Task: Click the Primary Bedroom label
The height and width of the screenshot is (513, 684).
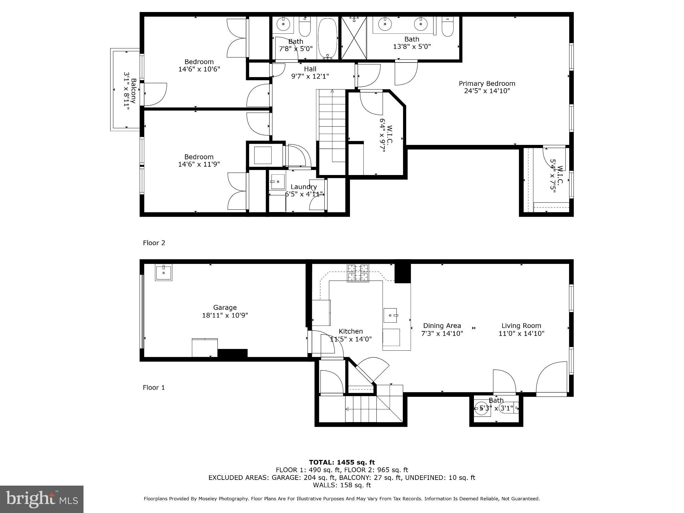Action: click(x=487, y=83)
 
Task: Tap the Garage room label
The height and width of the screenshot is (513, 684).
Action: click(x=225, y=308)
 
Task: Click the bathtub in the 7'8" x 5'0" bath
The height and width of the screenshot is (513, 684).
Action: click(x=327, y=38)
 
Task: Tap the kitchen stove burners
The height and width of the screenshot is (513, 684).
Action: click(x=358, y=273)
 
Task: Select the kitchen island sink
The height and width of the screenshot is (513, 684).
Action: click(x=390, y=315)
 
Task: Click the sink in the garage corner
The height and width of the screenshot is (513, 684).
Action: click(x=164, y=273)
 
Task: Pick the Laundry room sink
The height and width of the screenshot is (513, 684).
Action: click(x=278, y=182)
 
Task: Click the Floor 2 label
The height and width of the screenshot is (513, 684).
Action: click(x=154, y=243)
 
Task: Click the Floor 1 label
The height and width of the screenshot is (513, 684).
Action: click(x=154, y=387)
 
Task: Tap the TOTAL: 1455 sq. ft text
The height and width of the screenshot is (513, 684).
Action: click(x=342, y=462)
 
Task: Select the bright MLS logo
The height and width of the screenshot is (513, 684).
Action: click(x=41, y=499)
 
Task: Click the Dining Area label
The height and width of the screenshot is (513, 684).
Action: click(x=442, y=326)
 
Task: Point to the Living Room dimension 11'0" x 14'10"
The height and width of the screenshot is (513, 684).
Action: click(x=521, y=333)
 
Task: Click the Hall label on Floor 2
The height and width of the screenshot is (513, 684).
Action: click(x=310, y=69)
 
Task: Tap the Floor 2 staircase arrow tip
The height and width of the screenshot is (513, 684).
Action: click(x=332, y=91)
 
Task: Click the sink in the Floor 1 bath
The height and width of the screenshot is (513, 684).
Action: click(x=482, y=408)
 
